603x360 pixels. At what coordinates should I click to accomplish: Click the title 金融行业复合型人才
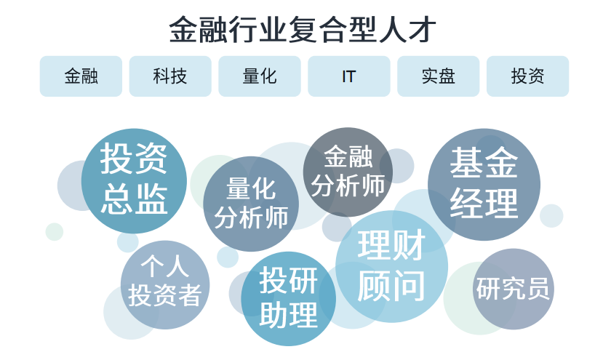pyautogui.click(x=302, y=30)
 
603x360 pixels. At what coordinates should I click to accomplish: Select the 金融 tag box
pyautogui.click(x=81, y=76)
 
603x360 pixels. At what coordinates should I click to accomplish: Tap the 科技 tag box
pyautogui.click(x=170, y=76)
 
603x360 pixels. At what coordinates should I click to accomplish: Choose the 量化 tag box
pyautogui.click(x=260, y=76)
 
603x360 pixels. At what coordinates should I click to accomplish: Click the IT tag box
pyautogui.click(x=349, y=76)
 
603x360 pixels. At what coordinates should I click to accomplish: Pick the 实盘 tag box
pyautogui.click(x=439, y=76)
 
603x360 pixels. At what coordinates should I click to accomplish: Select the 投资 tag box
pyautogui.click(x=527, y=76)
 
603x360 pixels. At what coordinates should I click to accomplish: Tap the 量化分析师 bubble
pyautogui.click(x=251, y=204)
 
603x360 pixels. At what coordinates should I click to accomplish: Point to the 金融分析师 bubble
pyautogui.click(x=348, y=172)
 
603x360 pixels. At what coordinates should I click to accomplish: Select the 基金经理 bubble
pyautogui.click(x=484, y=184)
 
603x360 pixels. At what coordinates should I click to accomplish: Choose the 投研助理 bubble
pyautogui.click(x=289, y=298)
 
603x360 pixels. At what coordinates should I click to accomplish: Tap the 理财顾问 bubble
pyautogui.click(x=391, y=266)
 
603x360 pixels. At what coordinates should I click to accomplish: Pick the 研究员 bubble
pyautogui.click(x=513, y=289)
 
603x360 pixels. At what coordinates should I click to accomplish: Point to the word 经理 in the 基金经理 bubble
pyautogui.click(x=484, y=204)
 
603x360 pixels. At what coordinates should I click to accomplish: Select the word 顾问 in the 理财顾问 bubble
pyautogui.click(x=391, y=286)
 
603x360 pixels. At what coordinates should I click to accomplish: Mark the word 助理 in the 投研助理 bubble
pyautogui.click(x=289, y=316)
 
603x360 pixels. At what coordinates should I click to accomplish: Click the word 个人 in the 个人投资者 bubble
pyautogui.click(x=165, y=266)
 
